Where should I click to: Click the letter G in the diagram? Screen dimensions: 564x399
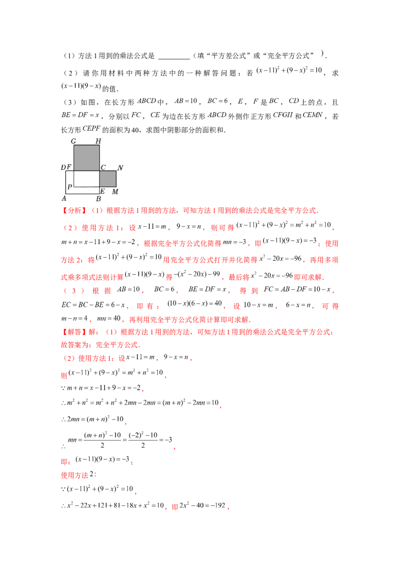click(x=73, y=141)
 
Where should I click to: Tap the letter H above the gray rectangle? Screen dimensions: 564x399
click(x=98, y=141)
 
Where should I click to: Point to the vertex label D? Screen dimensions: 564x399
click(x=63, y=167)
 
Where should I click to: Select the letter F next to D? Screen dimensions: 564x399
click(x=69, y=167)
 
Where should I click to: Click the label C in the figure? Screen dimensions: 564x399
click(x=103, y=167)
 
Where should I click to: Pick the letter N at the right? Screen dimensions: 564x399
click(x=120, y=167)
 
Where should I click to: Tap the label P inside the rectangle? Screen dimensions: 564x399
click(x=69, y=187)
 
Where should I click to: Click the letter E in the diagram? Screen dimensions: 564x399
click(x=102, y=191)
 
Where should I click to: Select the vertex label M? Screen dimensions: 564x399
click(x=115, y=191)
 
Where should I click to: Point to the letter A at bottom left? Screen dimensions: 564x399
click(x=64, y=198)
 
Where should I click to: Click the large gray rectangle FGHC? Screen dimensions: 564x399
click(x=86, y=158)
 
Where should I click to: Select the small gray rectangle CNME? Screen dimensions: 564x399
click(x=108, y=178)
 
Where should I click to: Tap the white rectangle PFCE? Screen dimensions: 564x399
click(x=86, y=178)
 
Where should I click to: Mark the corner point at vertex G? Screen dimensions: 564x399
click(x=74, y=145)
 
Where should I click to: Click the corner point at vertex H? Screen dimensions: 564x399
click(x=99, y=145)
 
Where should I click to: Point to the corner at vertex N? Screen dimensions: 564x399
click(x=116, y=171)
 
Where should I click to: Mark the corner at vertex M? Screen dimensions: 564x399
click(x=116, y=186)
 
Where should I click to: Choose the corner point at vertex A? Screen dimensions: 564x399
click(x=66, y=194)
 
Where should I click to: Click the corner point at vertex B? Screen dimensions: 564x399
click(x=99, y=194)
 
